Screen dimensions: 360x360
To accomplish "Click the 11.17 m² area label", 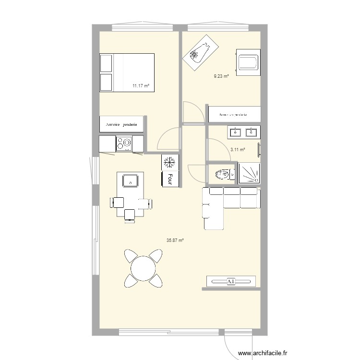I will click(x=141, y=86).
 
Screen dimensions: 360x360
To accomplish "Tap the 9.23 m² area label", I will click(x=221, y=76).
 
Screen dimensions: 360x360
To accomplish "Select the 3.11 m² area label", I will click(x=238, y=150).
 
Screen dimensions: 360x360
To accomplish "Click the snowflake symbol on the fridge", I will click(x=169, y=162).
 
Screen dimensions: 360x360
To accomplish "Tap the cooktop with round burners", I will click(x=124, y=143).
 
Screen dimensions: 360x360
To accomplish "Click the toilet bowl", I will click(x=222, y=174).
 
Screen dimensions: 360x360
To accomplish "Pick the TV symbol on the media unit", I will click(x=230, y=282).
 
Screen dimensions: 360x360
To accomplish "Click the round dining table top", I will click(x=143, y=268).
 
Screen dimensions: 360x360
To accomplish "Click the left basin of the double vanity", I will click(x=236, y=132).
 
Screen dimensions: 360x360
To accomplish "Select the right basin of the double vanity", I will click(x=251, y=132).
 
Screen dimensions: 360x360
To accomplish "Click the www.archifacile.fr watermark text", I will click(x=264, y=354).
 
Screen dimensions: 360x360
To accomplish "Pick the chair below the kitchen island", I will click(x=130, y=215).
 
